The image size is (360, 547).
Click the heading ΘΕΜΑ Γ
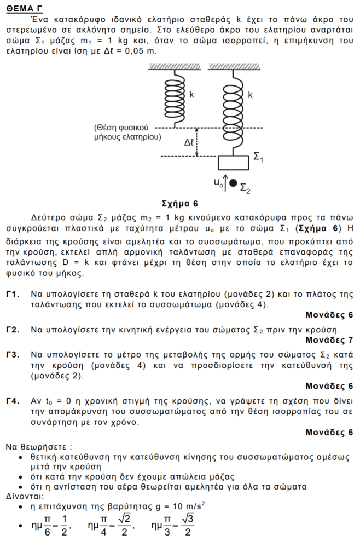25,7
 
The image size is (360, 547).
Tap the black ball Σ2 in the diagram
233,183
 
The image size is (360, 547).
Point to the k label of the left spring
191,95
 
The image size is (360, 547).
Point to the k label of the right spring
250,95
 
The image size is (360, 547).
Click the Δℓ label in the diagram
189,142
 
